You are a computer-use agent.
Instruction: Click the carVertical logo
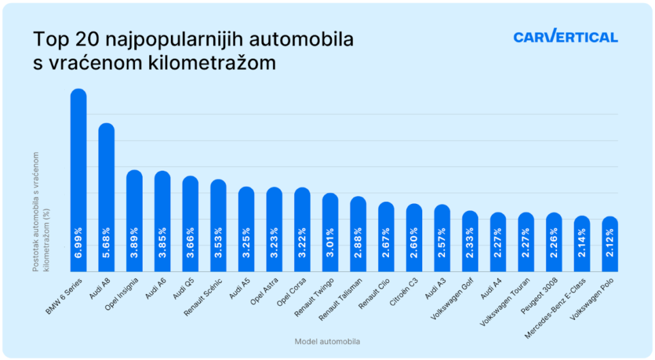565,37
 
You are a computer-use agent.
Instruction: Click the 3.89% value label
134,242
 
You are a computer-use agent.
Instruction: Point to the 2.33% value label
470,242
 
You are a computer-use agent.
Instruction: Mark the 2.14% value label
582,242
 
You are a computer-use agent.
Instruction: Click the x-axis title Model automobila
327,341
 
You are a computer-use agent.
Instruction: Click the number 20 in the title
95,40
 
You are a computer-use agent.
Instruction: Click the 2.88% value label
358,242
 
